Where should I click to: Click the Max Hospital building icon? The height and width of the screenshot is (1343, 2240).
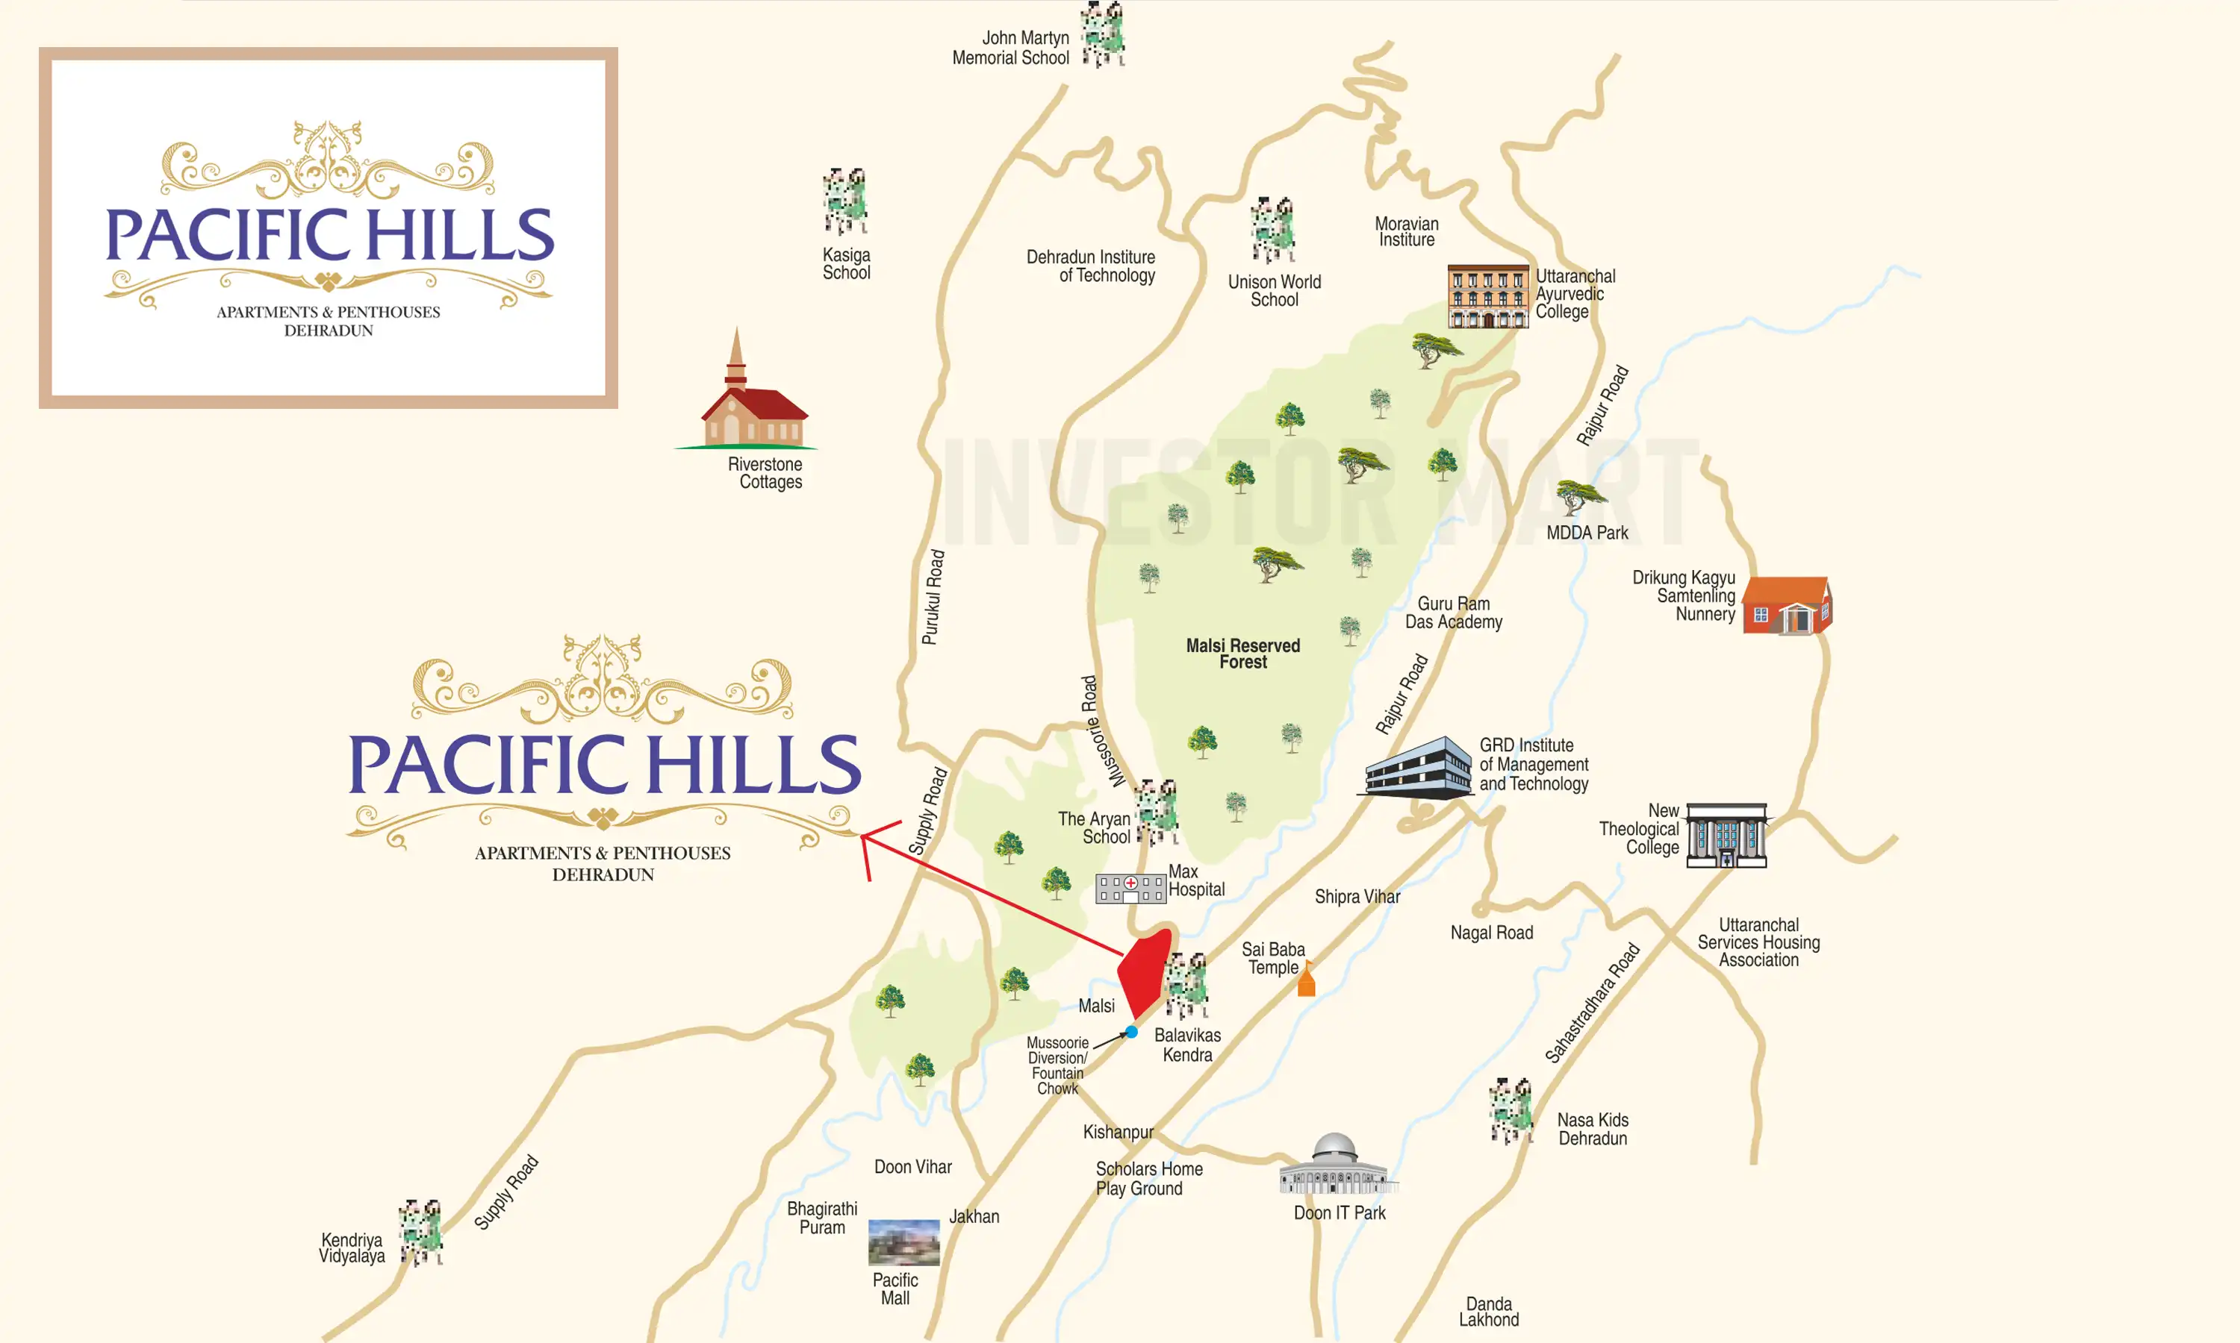[1130, 889]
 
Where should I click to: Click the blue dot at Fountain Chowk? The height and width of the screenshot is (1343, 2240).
[1132, 1032]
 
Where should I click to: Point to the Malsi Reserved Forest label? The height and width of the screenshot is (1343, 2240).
[1243, 654]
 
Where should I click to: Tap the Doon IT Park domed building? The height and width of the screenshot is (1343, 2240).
[1336, 1165]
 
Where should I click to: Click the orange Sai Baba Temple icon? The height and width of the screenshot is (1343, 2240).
[1306, 980]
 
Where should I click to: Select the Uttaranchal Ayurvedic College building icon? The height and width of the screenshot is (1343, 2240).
[1487, 296]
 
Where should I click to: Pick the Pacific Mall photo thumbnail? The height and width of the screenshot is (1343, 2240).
[903, 1242]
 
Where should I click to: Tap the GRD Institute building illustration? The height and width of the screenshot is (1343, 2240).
[1419, 768]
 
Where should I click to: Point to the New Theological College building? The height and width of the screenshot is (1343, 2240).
[1726, 834]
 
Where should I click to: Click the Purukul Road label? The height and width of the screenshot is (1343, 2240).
[933, 598]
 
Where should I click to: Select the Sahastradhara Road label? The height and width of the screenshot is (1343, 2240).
[1592, 1003]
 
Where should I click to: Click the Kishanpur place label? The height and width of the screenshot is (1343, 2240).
[1119, 1132]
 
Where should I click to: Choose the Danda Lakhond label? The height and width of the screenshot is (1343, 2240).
[1489, 1312]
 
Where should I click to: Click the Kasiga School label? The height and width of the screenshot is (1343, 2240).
[847, 263]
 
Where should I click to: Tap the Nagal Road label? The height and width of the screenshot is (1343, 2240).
[1491, 933]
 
